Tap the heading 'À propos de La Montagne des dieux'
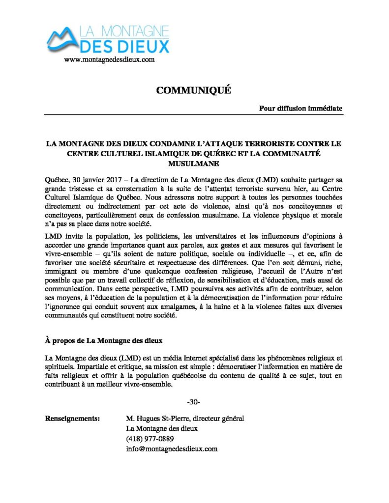[x=103, y=340]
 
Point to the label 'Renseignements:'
[x=73, y=419]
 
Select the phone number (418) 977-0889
[x=150, y=439]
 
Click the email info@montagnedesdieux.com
[x=172, y=448]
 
